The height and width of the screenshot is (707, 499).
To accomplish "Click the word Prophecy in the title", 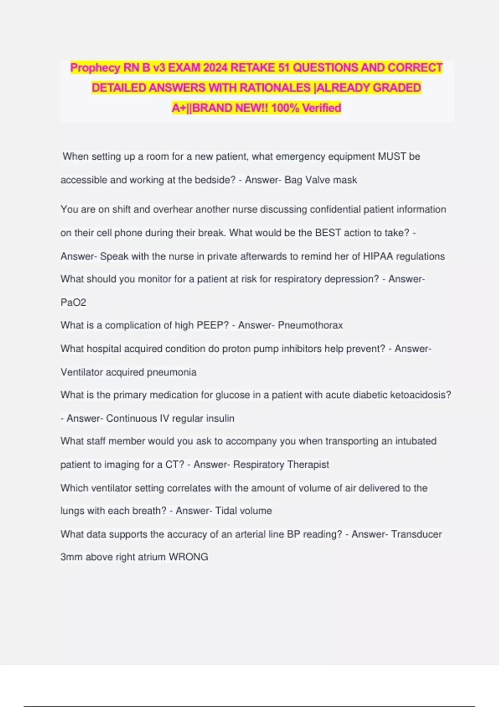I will (95, 68).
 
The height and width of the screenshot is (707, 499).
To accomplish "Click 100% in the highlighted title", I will (285, 108).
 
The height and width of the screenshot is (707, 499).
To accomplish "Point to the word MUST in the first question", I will (392, 157).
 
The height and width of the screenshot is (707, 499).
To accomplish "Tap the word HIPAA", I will (378, 256).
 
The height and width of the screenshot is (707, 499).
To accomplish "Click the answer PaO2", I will (73, 302).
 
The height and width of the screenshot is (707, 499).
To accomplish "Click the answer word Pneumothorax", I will (310, 325).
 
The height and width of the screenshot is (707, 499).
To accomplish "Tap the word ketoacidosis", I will (420, 395).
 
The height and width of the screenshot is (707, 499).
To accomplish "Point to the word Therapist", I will (308, 465).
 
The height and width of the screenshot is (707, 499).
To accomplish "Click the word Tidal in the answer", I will (226, 511).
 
